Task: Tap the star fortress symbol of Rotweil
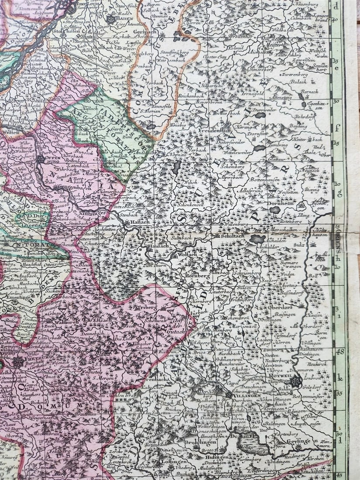(x=297, y=381)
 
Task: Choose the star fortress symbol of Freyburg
(x=18, y=362)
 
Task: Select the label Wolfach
(x=187, y=253)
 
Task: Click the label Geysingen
(x=298, y=441)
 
